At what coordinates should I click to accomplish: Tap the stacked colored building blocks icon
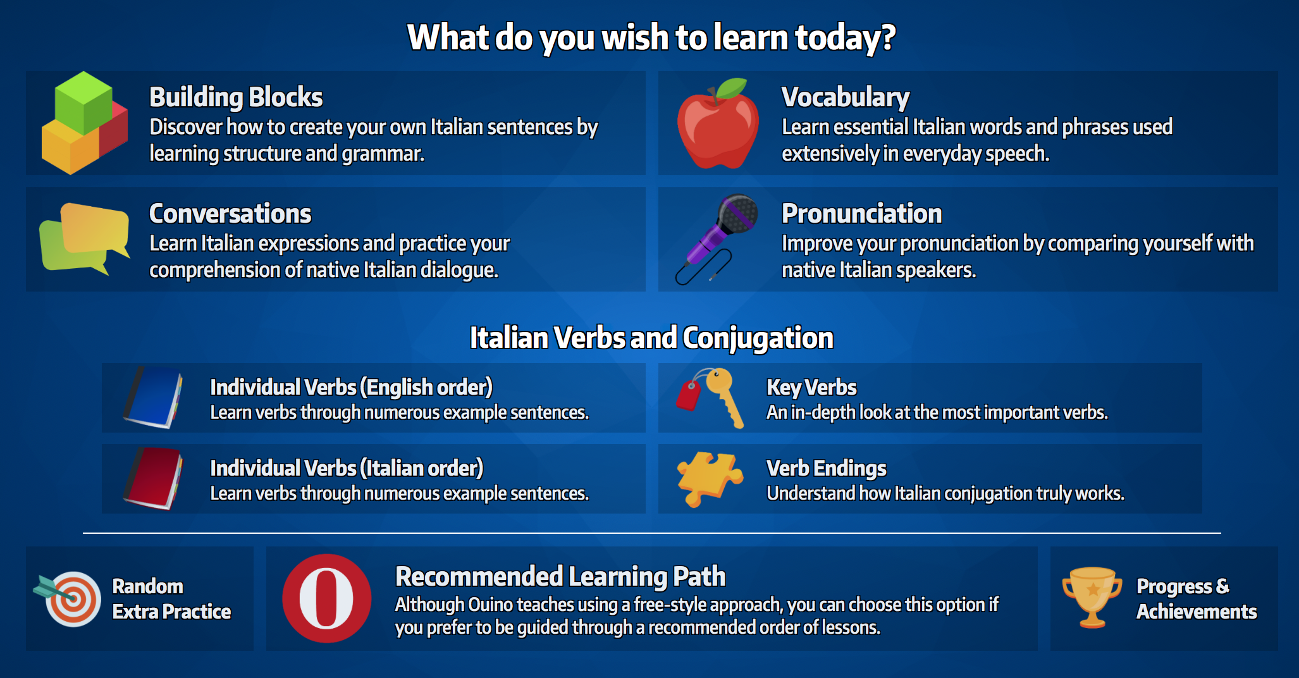pos(84,123)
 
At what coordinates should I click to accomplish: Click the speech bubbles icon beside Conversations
pos(84,239)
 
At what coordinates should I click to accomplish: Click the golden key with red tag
pos(711,397)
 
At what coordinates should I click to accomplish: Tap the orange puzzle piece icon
pos(710,479)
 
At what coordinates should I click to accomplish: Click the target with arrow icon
pos(68,598)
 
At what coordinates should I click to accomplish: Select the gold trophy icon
pos(1092,597)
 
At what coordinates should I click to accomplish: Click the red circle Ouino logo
pos(326,598)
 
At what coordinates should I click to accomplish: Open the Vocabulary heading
pos(846,97)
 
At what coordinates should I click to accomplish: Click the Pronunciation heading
pos(862,214)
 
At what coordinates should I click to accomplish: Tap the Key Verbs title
pos(811,387)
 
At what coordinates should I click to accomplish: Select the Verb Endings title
pos(827,468)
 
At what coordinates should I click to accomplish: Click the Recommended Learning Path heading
pos(560,576)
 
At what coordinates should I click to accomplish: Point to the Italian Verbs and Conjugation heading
pos(651,338)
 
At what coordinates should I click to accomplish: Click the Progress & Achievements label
pos(1197,598)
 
